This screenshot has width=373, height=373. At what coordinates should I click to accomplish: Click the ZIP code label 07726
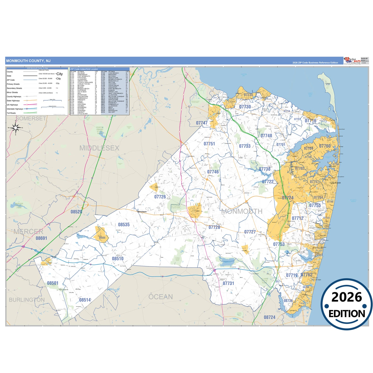(160, 197)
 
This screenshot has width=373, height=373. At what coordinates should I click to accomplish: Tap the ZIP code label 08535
(124, 225)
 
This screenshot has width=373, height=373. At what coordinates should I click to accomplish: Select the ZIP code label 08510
(118, 259)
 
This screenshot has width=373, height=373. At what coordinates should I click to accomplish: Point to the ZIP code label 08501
(53, 283)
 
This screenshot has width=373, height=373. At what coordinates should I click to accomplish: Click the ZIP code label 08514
(85, 300)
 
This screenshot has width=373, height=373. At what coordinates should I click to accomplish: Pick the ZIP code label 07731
(228, 283)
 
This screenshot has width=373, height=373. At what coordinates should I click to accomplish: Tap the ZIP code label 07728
(215, 227)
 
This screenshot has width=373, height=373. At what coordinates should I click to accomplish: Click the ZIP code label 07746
(213, 172)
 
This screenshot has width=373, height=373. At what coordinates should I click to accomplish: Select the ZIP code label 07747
(202, 123)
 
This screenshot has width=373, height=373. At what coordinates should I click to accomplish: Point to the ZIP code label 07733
(245, 146)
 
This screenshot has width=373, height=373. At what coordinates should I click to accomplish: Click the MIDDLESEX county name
(99, 148)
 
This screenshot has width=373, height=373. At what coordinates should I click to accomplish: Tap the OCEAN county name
(161, 297)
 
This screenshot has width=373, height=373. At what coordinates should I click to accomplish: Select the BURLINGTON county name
(27, 300)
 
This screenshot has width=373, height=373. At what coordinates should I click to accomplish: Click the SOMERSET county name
(31, 118)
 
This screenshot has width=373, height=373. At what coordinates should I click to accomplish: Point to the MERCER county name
(28, 232)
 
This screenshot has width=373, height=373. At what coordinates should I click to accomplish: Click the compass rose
(16, 128)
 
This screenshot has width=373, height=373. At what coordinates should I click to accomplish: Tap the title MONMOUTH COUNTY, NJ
(28, 61)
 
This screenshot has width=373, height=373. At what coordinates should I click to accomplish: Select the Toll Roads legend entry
(11, 113)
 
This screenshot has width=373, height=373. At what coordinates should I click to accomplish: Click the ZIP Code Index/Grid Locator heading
(84, 69)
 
